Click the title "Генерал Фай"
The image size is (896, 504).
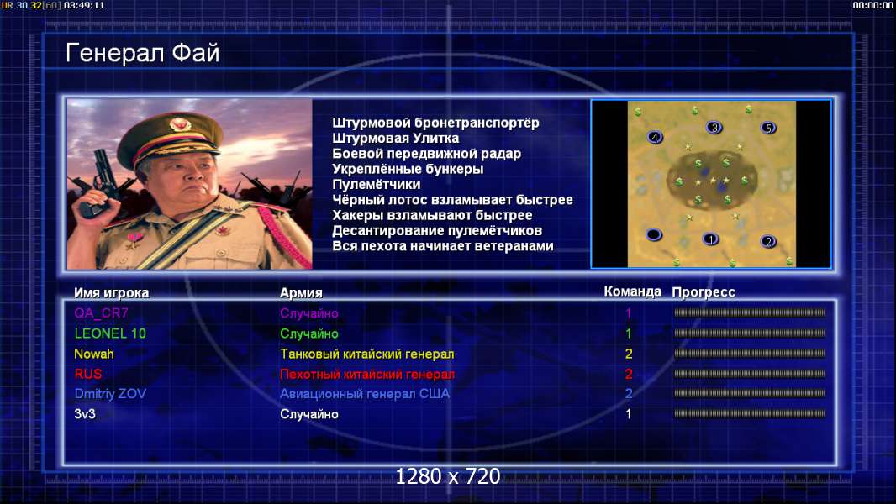point(142,53)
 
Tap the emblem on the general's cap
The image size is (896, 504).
point(179,124)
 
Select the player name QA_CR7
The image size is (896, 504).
point(101,313)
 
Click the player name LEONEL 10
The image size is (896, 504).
point(110,333)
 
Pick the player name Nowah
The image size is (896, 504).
point(93,354)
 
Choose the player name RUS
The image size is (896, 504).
point(88,374)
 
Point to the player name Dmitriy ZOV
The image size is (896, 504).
point(110,394)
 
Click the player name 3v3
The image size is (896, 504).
point(85,414)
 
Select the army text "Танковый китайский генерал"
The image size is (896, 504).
point(366,354)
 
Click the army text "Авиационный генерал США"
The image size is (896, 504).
point(365,394)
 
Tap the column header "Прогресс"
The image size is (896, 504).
point(704,292)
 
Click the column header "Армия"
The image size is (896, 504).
point(301,293)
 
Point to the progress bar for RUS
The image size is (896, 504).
point(750,374)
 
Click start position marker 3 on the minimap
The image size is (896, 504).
point(714,128)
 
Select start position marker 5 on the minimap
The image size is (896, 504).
point(768,128)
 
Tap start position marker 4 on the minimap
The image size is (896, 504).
point(655,137)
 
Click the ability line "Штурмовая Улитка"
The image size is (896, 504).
point(395,138)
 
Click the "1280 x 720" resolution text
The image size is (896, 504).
point(448,476)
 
